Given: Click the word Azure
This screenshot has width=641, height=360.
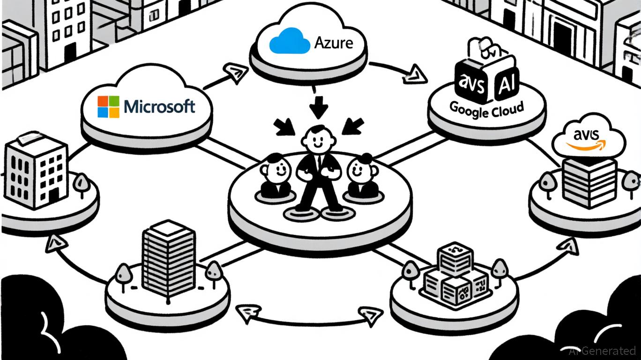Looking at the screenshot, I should coord(333,44).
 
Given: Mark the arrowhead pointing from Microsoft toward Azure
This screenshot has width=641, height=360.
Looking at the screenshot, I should coord(233,72).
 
